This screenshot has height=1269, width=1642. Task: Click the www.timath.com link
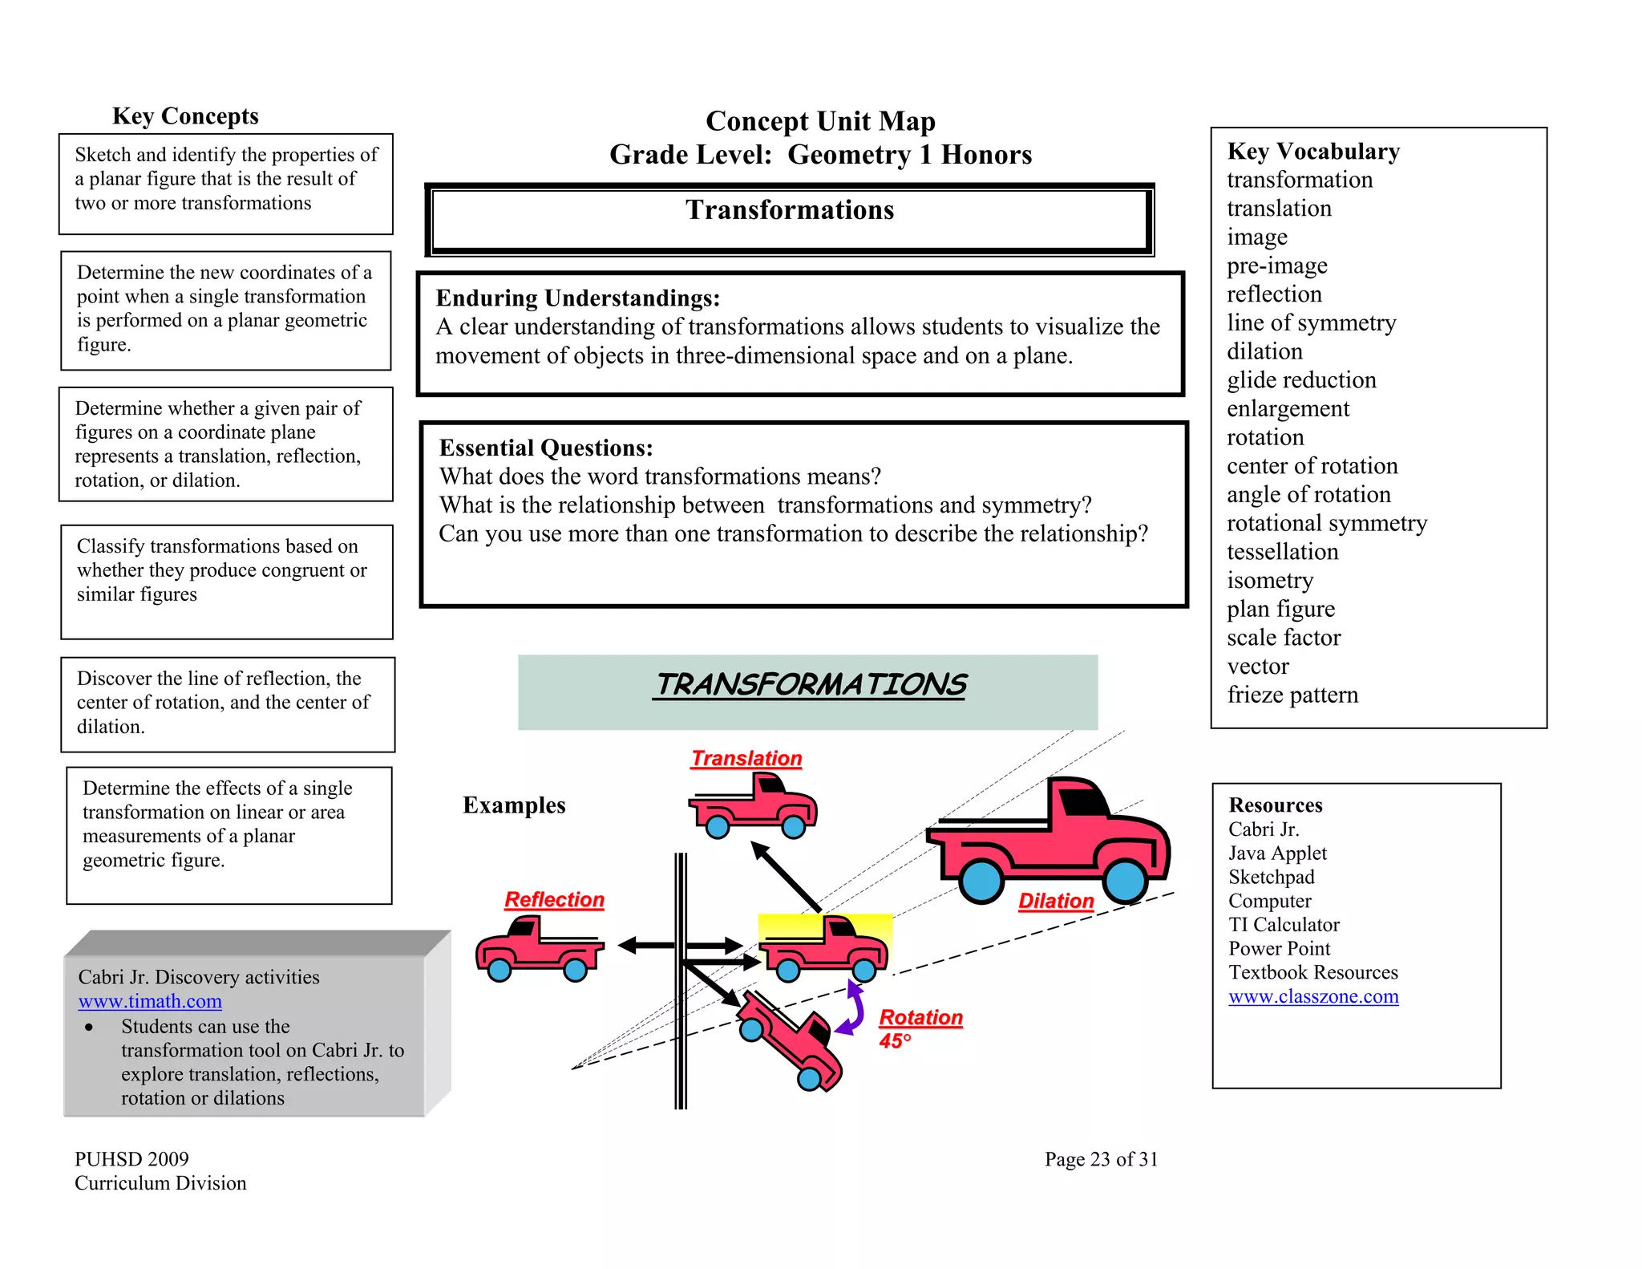[x=150, y=1001]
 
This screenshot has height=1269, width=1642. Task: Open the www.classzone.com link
[x=1313, y=996]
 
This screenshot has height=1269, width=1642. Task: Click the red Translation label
[x=746, y=758]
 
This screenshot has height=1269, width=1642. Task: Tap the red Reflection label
[x=554, y=899]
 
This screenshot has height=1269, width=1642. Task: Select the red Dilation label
[x=1056, y=901]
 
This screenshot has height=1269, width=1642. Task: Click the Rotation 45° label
[x=920, y=1027]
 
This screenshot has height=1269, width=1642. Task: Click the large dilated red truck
[x=1050, y=842]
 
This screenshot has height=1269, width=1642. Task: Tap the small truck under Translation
[x=753, y=806]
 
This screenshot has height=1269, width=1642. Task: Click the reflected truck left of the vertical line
[x=540, y=951]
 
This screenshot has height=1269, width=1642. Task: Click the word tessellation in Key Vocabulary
[x=1282, y=552]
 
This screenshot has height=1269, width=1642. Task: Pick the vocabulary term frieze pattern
[x=1292, y=695]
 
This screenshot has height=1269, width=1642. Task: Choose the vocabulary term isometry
[x=1270, y=580]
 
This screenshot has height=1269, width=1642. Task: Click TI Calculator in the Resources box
[x=1284, y=925]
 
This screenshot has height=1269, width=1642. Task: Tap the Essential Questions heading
[x=546, y=448]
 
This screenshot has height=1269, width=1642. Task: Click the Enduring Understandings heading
[x=577, y=298]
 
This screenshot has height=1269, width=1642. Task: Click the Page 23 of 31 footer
[x=1101, y=1159]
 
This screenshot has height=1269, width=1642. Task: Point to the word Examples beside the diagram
[x=514, y=805]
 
